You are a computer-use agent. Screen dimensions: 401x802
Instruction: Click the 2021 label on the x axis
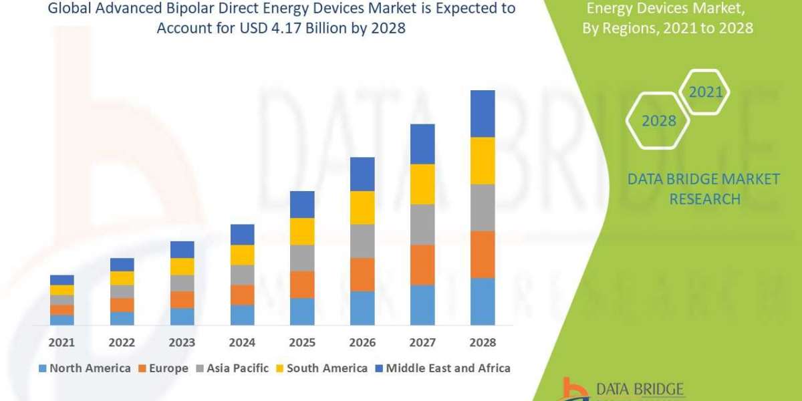tap(61, 342)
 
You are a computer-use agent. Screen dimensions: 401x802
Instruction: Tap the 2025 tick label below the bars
tap(302, 342)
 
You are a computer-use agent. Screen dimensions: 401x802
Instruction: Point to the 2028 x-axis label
tap(483, 342)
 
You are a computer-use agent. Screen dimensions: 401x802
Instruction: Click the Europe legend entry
tap(164, 368)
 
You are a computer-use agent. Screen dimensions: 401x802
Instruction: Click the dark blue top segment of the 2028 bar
tap(483, 114)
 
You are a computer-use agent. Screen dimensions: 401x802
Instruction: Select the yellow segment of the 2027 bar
tap(422, 184)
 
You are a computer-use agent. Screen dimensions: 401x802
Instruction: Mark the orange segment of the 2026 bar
tap(362, 274)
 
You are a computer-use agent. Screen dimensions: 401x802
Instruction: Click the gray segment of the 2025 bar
tap(302, 257)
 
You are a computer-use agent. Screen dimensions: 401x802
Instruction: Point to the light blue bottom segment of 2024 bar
tap(242, 315)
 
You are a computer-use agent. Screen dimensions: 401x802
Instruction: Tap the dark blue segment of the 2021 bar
tap(61, 279)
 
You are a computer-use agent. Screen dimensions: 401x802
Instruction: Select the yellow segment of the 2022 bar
tap(122, 278)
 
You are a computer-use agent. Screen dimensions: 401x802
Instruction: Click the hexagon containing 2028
tap(658, 121)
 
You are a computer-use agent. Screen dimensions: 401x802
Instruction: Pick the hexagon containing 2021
tap(705, 92)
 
